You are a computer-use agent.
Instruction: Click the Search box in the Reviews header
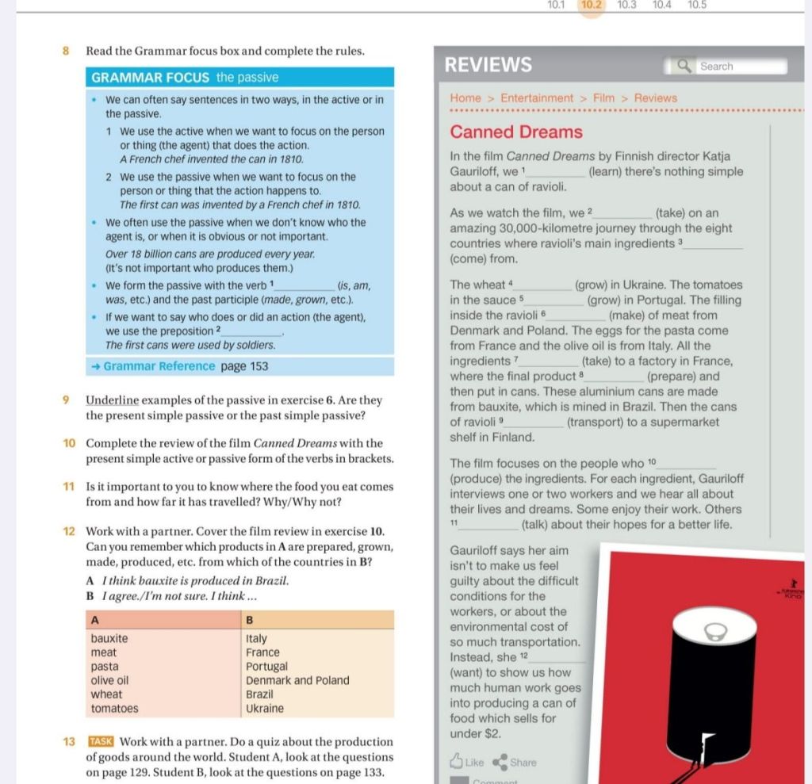pyautogui.click(x=726, y=67)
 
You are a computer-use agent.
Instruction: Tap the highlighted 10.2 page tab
pyautogui.click(x=592, y=5)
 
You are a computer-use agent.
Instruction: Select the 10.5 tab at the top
pyautogui.click(x=697, y=5)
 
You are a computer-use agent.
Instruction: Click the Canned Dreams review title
pyautogui.click(x=516, y=132)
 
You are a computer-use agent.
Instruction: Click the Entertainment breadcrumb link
pyautogui.click(x=537, y=98)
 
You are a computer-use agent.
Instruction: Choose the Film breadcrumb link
pyautogui.click(x=603, y=98)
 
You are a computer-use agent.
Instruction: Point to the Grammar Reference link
pyautogui.click(x=159, y=366)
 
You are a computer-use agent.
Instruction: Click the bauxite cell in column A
pyautogui.click(x=109, y=638)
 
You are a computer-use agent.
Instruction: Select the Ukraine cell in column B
pyautogui.click(x=264, y=709)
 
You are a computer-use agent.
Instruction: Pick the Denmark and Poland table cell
pyautogui.click(x=297, y=680)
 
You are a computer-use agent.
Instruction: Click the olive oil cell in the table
pyautogui.click(x=110, y=680)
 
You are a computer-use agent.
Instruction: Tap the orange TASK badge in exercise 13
pyautogui.click(x=101, y=742)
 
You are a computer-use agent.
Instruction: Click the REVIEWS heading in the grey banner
pyautogui.click(x=488, y=65)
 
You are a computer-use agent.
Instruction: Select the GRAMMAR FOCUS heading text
pyautogui.click(x=151, y=78)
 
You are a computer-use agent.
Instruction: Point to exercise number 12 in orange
pyautogui.click(x=67, y=531)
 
